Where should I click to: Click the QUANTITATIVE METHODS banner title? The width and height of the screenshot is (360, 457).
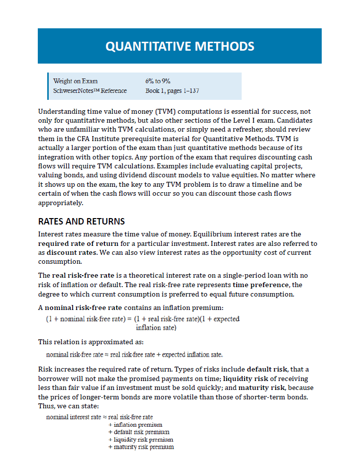point(180,46)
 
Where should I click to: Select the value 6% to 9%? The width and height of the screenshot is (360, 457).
point(158,81)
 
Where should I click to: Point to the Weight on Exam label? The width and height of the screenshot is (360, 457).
point(75,81)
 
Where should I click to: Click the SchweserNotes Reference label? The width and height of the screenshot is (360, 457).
point(90,91)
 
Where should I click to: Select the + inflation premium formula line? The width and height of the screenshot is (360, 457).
point(135,425)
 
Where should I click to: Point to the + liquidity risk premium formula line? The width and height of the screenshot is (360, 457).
point(140,440)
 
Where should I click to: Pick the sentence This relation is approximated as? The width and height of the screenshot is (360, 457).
point(91,342)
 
